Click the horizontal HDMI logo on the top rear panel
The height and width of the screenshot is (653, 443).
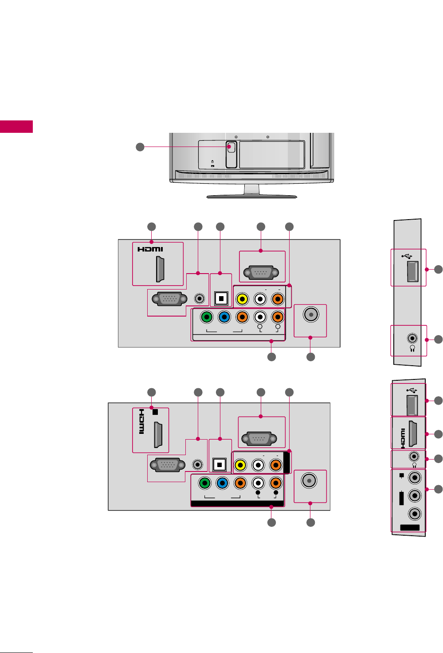(x=150, y=249)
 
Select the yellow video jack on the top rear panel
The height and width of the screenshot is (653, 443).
(x=242, y=299)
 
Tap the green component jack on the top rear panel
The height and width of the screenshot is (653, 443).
(x=206, y=317)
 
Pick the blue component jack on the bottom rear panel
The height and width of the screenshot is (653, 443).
(x=222, y=483)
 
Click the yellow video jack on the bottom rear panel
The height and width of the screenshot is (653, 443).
(x=240, y=465)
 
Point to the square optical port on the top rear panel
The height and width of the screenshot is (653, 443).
(x=221, y=298)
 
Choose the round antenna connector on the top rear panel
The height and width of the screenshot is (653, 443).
(x=311, y=314)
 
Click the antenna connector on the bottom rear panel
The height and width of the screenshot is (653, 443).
(x=309, y=480)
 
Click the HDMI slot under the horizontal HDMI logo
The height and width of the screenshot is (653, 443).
(x=160, y=269)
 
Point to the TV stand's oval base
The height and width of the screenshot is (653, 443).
(x=251, y=196)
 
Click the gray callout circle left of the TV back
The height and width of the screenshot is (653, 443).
(x=140, y=147)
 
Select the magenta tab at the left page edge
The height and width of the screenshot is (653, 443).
(x=16, y=127)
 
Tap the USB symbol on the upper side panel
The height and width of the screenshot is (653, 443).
(x=407, y=256)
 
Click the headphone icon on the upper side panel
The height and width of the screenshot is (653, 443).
(x=412, y=348)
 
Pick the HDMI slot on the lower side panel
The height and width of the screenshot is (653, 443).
(x=412, y=433)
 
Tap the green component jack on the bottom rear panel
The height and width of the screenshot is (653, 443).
(x=204, y=483)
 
